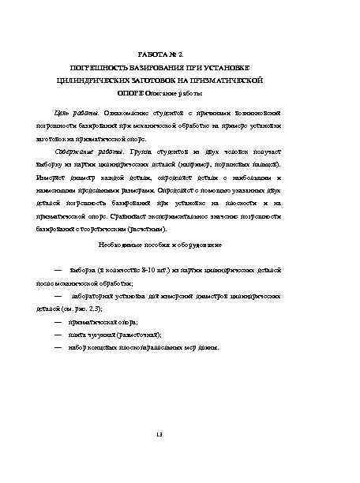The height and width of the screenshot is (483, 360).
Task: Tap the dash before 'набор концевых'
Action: pyautogui.click(x=58, y=347)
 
